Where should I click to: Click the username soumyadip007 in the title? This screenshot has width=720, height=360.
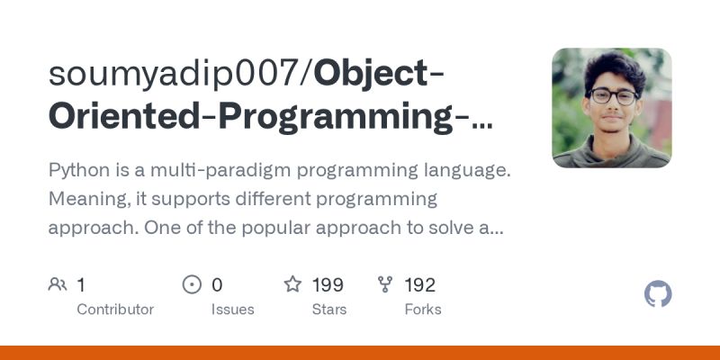coord(176,74)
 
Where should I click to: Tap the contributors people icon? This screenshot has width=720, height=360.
coord(58,285)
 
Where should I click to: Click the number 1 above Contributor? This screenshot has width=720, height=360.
coord(81,285)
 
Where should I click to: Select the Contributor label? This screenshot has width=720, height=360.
coord(115,310)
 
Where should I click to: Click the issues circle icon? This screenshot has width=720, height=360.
coord(192,285)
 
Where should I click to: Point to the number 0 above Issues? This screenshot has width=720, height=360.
coord(217,285)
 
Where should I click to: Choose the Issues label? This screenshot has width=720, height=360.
coord(233,310)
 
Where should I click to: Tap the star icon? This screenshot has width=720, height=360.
coord(292,285)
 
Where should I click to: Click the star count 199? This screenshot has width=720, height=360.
coord(328,285)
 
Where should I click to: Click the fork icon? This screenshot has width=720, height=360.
coord(386,285)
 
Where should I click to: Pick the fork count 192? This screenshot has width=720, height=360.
coord(420,285)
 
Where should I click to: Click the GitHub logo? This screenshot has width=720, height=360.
coord(659,294)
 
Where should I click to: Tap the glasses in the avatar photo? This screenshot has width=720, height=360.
coord(612,94)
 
